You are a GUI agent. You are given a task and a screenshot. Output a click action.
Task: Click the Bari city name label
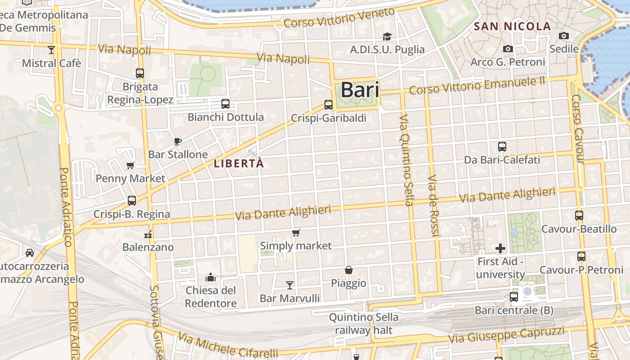click(360, 90)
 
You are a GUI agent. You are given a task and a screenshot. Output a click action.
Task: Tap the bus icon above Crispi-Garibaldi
click(328, 105)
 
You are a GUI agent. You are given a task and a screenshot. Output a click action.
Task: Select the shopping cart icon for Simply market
click(296, 233)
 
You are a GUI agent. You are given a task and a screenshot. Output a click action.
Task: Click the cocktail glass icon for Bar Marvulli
click(290, 285)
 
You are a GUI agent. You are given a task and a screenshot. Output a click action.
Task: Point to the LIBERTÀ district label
click(238, 164)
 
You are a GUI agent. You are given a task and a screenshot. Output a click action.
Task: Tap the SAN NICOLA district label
click(512, 27)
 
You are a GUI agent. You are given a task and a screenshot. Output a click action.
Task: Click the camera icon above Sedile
click(563, 36)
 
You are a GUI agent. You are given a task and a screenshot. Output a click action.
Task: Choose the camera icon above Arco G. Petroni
click(508, 49)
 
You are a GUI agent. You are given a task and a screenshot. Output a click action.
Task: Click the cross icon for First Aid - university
click(500, 248)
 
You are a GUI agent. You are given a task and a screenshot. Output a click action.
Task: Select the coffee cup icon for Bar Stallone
click(178, 141)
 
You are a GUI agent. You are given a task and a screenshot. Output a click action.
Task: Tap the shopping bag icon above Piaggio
click(348, 270)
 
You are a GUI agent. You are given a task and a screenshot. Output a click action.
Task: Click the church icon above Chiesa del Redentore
click(211, 277)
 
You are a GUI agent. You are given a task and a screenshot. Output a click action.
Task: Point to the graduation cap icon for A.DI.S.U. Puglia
click(387, 36)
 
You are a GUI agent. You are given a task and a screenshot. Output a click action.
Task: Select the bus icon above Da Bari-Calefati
click(502, 146)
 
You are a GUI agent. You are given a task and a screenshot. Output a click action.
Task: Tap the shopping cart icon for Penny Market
click(130, 165)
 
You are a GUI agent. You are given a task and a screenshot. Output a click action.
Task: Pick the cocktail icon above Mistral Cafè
click(51, 49)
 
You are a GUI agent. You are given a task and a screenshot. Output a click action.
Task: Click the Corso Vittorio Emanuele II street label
click(477, 85)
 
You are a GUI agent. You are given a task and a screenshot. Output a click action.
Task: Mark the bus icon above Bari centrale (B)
click(514, 297)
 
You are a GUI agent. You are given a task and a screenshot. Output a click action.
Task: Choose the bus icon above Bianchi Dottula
click(225, 104)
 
